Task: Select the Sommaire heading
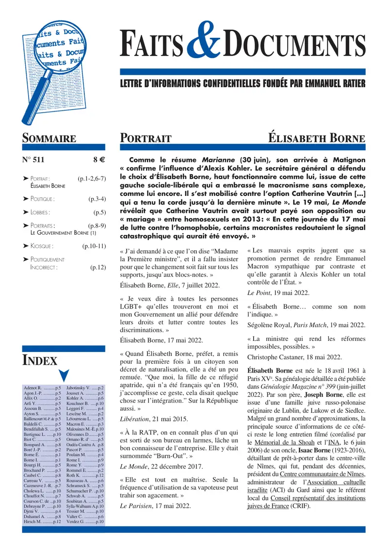pyautogui.click(x=49, y=138)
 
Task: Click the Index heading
pyautogui.click(x=40, y=360)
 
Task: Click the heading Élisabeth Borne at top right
pyautogui.click(x=317, y=138)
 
